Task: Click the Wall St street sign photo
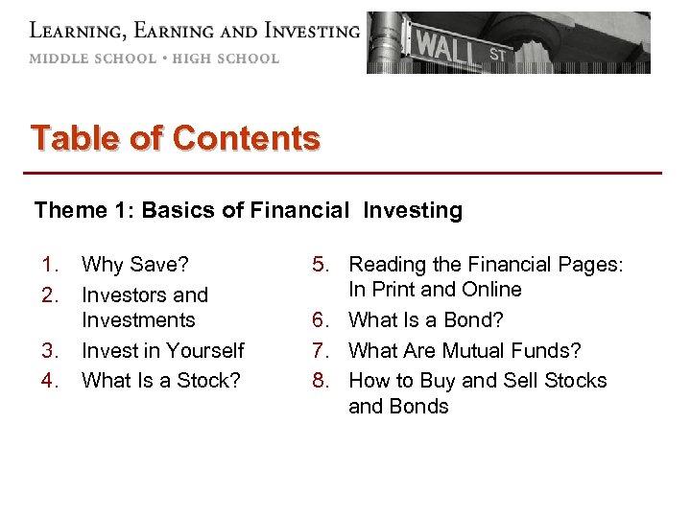[508, 42]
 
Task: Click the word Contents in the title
[246, 139]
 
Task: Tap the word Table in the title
[75, 139]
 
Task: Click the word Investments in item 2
[138, 319]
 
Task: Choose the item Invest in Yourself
[163, 350]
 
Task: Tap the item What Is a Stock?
[161, 380]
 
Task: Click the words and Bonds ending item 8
[398, 406]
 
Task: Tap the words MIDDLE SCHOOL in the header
[92, 59]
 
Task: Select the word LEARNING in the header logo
[77, 31]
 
